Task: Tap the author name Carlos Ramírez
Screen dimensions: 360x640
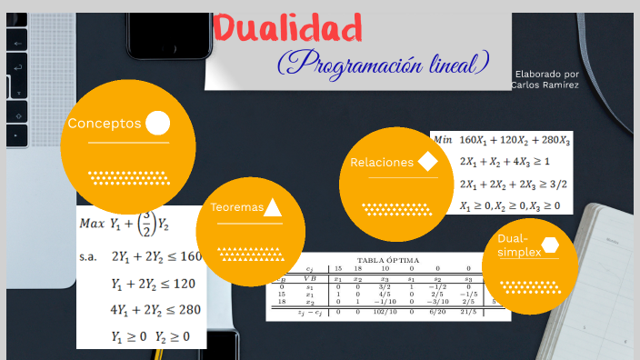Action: pos(545,85)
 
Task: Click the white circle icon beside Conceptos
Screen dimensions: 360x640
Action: pos(158,123)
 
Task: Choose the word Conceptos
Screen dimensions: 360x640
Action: pos(105,124)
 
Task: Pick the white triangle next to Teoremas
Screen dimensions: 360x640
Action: pos(273,207)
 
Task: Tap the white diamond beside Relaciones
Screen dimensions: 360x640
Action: pos(428,162)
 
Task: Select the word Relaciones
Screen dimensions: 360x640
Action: pos(382,163)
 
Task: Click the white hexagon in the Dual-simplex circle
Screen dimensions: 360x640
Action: pos(550,244)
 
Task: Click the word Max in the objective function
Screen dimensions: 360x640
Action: pos(92,223)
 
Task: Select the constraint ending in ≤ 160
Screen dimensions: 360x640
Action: pos(155,256)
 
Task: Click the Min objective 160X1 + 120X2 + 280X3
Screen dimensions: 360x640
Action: pos(515,140)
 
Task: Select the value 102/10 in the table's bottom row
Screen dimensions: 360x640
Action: pos(384,312)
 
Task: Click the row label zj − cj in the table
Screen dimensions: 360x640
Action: pos(309,312)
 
